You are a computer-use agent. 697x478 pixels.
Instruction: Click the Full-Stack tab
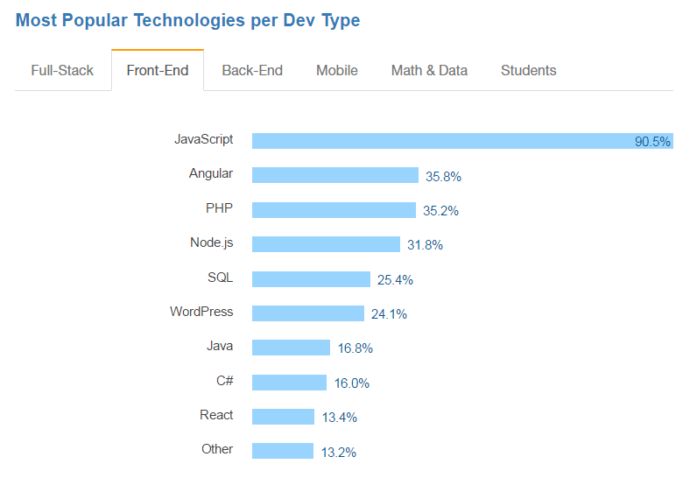62,70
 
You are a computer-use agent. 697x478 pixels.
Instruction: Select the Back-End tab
252,70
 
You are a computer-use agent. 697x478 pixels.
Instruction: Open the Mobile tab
337,70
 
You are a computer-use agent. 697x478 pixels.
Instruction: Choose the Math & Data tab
429,70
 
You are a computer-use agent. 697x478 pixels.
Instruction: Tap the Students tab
528,70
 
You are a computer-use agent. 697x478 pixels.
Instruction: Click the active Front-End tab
158,70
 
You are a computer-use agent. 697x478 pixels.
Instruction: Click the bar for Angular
334,175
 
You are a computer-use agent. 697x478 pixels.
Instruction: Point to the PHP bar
334,210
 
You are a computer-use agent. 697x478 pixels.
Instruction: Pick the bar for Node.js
326,244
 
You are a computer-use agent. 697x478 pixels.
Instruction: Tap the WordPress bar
307,313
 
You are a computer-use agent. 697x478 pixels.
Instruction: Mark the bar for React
283,417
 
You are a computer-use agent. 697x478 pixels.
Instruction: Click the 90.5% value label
652,142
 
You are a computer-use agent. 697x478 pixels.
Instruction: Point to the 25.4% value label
395,280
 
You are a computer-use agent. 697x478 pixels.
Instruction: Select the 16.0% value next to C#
352,383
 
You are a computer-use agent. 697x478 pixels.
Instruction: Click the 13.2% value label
339,452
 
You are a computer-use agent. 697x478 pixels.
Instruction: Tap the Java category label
220,346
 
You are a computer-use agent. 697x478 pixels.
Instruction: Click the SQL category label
220,278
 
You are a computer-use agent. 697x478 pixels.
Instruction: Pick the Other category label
217,449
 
